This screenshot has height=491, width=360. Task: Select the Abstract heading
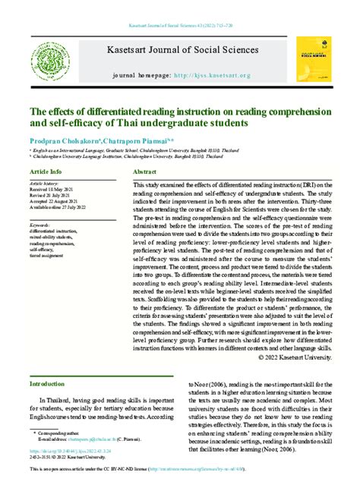[x=145, y=173]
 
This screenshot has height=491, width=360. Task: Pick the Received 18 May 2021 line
[x=54, y=190]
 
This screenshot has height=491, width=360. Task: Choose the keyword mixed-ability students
[x=53, y=237]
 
